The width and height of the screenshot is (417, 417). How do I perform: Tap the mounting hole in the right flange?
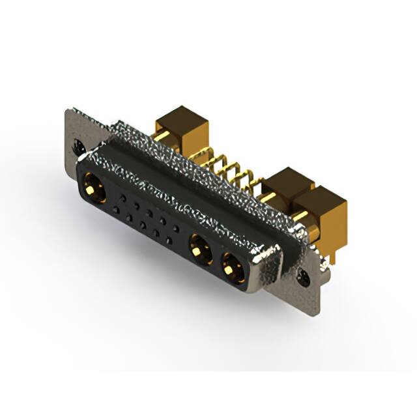tap(304, 279)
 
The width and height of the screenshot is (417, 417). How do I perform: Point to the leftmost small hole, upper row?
tap(121, 197)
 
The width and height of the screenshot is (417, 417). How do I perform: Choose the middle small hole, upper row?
tap(149, 213)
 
